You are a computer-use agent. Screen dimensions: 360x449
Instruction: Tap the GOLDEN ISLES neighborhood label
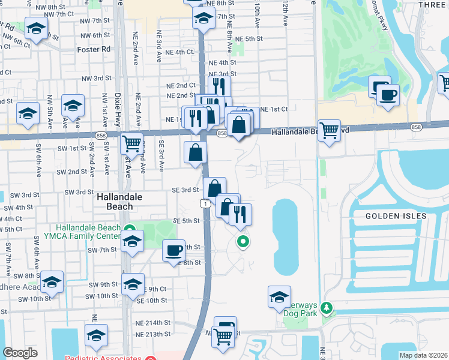(396, 215)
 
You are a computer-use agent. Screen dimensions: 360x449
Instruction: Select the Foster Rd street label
(94, 49)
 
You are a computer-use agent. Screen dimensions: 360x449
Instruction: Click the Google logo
(20, 353)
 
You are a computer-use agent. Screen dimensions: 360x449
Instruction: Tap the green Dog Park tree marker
(327, 308)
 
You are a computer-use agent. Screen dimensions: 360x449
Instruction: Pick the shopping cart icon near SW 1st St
(131, 143)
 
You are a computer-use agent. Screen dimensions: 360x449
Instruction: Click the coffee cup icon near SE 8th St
(173, 250)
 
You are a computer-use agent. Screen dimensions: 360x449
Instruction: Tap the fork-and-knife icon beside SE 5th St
(240, 214)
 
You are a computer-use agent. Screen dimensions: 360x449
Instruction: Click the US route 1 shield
(206, 205)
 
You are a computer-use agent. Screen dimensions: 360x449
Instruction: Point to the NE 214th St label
(154, 322)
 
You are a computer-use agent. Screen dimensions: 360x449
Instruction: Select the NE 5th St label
(249, 38)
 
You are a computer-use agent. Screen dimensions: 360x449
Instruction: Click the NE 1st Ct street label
(274, 109)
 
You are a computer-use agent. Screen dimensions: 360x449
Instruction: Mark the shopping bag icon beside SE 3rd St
(214, 188)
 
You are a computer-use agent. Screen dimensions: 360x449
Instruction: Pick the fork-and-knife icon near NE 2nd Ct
(219, 86)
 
